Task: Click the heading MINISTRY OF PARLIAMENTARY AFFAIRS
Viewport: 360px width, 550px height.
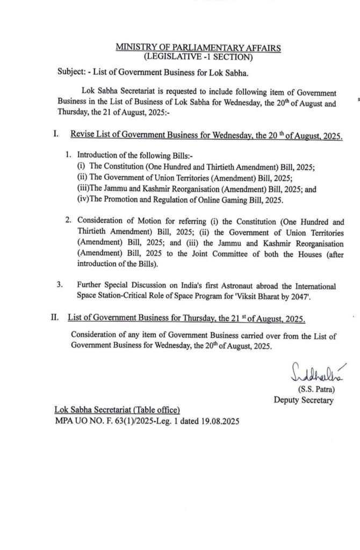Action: point(198,48)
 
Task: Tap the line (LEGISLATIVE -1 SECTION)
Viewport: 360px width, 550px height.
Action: point(198,56)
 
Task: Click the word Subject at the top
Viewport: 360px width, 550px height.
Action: point(74,72)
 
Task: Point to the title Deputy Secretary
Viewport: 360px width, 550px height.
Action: point(303,400)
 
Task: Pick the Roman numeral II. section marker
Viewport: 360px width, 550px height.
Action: point(55,318)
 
